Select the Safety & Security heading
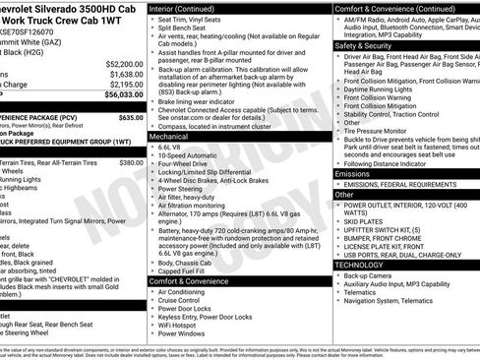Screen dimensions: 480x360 [362, 45]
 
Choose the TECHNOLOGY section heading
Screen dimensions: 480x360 [359, 265]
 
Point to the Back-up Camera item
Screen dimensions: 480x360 [371, 276]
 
